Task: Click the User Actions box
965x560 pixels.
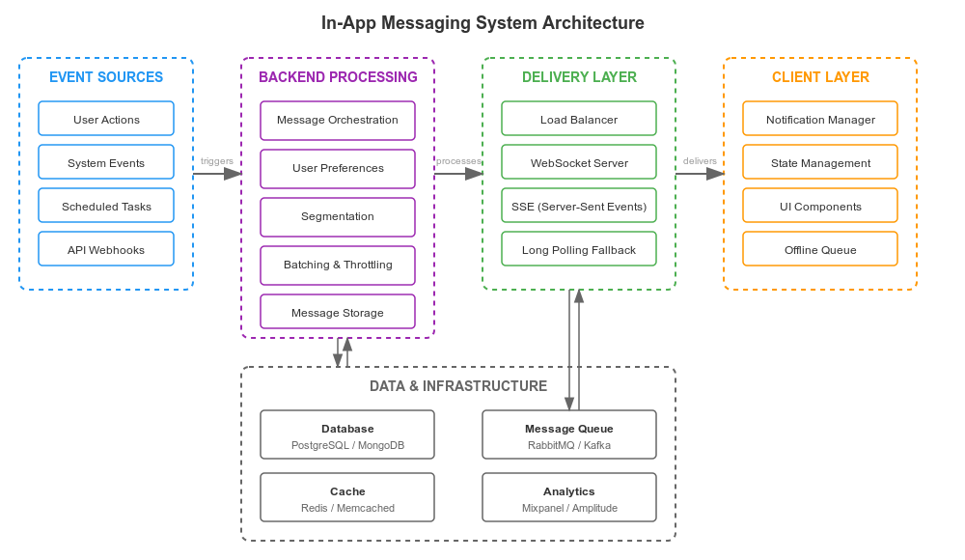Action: (106, 119)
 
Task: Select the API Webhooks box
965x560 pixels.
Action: (106, 249)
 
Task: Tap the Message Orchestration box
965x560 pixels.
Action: (338, 121)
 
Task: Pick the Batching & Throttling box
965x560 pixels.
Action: (338, 265)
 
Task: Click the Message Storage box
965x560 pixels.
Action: (338, 312)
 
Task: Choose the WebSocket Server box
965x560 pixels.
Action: (579, 162)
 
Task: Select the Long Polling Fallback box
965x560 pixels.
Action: (579, 249)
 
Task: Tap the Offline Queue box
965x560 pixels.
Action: (820, 249)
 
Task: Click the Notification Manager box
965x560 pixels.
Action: (820, 119)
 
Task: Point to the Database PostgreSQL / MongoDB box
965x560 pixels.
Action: (347, 435)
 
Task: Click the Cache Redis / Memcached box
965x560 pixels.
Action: (347, 498)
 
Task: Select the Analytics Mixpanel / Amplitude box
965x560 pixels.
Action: (569, 498)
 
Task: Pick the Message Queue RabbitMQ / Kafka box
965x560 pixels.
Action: (569, 435)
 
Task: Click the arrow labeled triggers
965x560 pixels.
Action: (218, 174)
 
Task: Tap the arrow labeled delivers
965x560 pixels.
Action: (701, 174)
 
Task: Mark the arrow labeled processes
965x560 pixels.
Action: (459, 174)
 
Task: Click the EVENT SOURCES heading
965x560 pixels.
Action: (106, 77)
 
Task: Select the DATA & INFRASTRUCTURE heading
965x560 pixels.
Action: (458, 386)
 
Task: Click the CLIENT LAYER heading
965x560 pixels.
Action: (820, 77)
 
